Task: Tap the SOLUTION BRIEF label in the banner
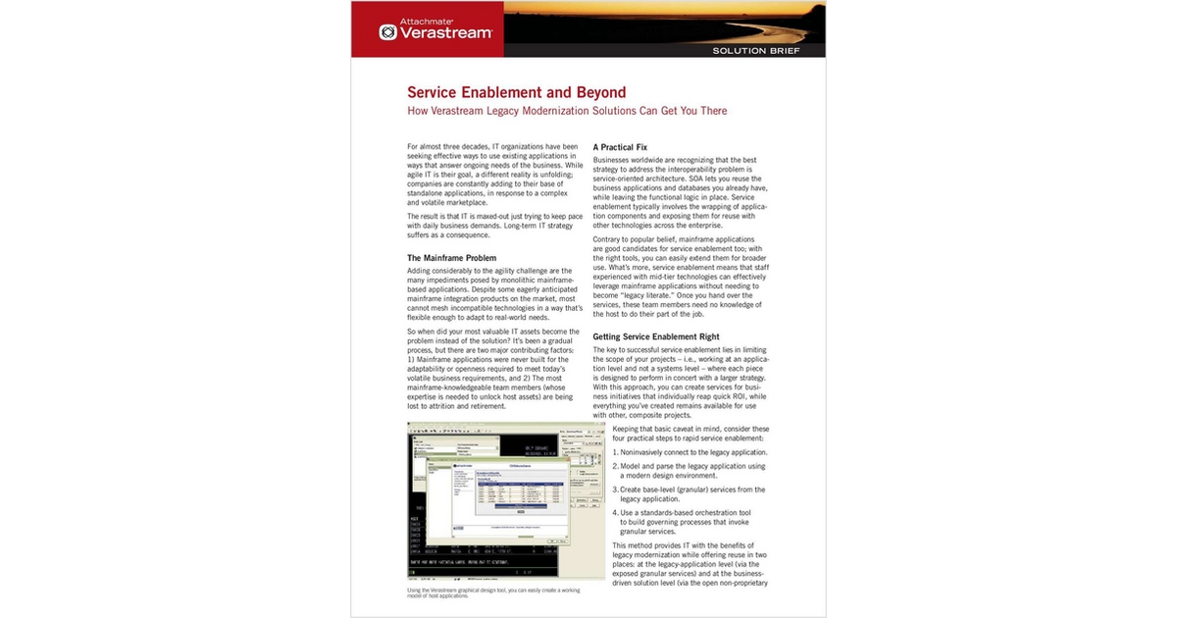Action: (x=756, y=49)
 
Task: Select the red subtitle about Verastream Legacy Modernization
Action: (x=567, y=111)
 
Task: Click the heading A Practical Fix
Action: (x=620, y=147)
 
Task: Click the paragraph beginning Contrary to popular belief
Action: (x=681, y=279)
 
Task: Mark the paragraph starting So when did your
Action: (x=495, y=369)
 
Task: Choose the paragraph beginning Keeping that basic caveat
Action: (x=690, y=435)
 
